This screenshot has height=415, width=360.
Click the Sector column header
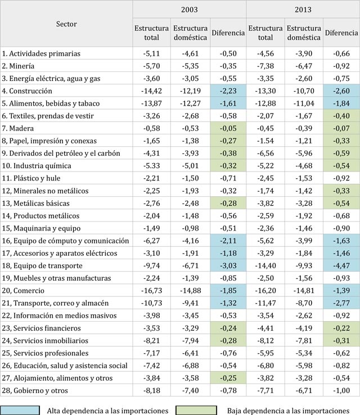pyautogui.click(x=66, y=24)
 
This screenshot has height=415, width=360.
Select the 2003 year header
pyautogui.click(x=189, y=10)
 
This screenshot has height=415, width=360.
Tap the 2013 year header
pyautogui.click(x=303, y=10)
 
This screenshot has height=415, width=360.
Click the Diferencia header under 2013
pyautogui.click(x=341, y=33)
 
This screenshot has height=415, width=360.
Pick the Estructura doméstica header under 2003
pyautogui.click(x=190, y=33)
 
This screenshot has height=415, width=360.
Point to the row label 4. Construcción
pyautogui.click(x=27, y=91)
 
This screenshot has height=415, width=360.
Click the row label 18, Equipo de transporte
pyautogui.click(x=42, y=265)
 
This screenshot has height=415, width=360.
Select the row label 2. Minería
pyautogui.click(x=18, y=66)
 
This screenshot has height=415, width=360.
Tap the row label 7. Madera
pyautogui.click(x=18, y=128)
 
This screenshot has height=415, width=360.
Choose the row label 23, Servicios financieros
pyautogui.click(x=41, y=328)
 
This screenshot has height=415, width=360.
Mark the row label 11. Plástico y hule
pyautogui.click(x=31, y=178)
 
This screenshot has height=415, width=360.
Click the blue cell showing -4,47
pyautogui.click(x=341, y=265)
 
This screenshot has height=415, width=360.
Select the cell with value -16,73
pyautogui.click(x=152, y=290)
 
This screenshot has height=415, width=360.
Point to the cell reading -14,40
pyautogui.click(x=265, y=265)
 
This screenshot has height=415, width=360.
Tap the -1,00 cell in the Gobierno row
pyautogui.click(x=341, y=390)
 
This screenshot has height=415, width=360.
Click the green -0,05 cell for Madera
pyautogui.click(x=228, y=128)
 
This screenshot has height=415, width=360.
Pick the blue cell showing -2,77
pyautogui.click(x=341, y=303)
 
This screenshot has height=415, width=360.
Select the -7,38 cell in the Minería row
pyautogui.click(x=265, y=66)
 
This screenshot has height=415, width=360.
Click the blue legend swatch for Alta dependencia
pyautogui.click(x=20, y=411)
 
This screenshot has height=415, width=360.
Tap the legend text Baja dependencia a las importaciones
pyautogui.click(x=288, y=411)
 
